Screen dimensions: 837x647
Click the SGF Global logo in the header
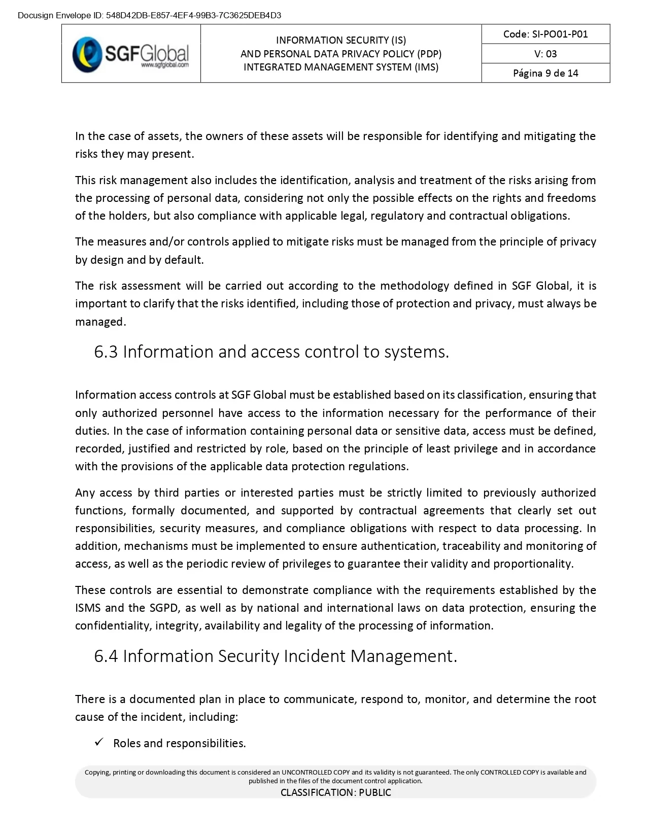(x=130, y=53)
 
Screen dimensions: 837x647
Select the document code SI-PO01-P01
(x=546, y=34)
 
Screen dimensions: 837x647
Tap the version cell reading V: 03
(x=546, y=54)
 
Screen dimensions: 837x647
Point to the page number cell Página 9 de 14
(x=546, y=73)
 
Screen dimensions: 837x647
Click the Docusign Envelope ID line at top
(x=149, y=15)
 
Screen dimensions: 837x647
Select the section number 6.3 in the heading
(x=106, y=352)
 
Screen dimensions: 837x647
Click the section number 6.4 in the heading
(x=106, y=656)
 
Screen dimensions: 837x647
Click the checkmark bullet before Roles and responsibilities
(x=99, y=742)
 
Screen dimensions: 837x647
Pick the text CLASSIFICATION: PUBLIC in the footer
(x=335, y=792)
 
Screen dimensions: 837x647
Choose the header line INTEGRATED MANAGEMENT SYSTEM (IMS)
(x=341, y=67)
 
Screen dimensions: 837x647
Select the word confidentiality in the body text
(x=113, y=625)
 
